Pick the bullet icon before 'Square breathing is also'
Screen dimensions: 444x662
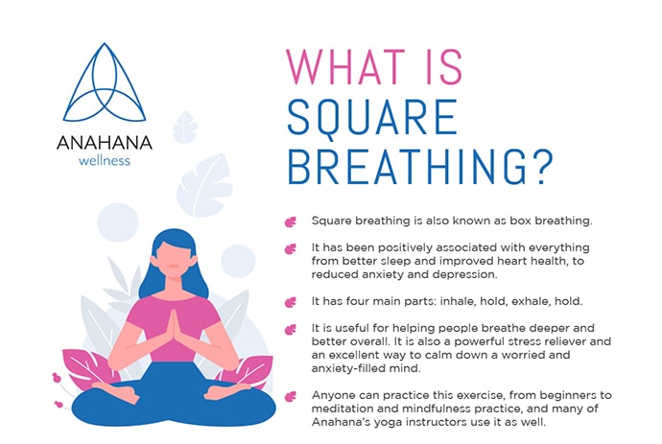291,222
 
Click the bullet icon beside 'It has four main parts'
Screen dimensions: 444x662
291,300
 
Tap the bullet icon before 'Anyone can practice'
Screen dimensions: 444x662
291,394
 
